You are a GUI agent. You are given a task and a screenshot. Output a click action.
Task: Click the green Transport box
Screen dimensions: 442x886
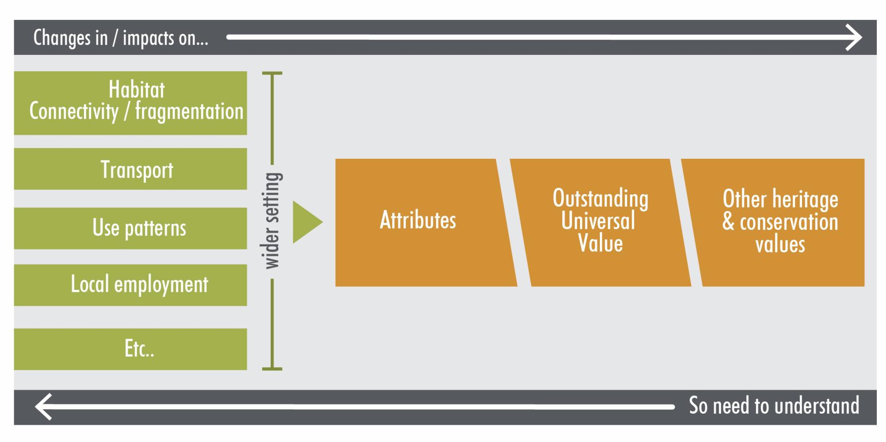(x=131, y=169)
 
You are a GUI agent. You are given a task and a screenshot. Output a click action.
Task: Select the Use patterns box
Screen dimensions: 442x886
(x=131, y=228)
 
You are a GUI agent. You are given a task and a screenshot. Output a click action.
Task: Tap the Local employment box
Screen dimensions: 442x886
(x=131, y=285)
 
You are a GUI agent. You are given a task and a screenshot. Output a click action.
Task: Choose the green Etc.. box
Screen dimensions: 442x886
(x=131, y=349)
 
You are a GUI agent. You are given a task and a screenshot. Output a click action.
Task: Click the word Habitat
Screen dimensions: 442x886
(x=137, y=90)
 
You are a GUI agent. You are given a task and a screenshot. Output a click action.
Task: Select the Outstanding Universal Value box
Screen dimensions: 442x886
(x=600, y=222)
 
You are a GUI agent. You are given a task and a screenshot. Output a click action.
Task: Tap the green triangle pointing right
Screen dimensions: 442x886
(x=305, y=222)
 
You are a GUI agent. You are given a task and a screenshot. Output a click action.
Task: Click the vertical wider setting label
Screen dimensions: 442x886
(x=272, y=221)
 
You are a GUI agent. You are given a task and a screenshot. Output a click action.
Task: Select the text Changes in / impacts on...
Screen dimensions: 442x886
(x=120, y=38)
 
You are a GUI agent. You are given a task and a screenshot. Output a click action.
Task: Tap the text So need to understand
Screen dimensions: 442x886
(x=774, y=406)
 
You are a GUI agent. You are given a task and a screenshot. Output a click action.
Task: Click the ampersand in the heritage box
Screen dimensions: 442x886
(x=728, y=222)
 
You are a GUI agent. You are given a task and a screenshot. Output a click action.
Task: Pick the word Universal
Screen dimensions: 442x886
(x=598, y=221)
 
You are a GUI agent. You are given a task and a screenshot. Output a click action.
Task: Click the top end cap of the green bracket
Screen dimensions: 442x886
(x=272, y=73)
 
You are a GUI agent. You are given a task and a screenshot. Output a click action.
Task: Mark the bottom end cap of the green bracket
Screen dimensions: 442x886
(x=272, y=369)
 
